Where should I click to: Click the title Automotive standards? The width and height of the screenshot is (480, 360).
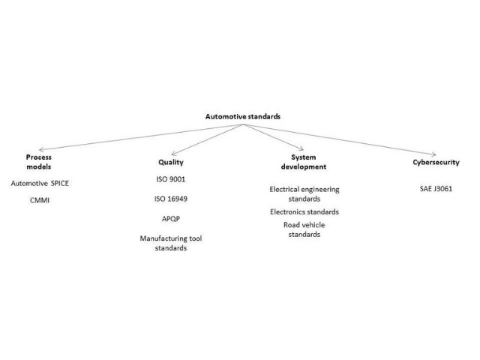243,117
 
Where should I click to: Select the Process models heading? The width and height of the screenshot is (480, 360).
39,162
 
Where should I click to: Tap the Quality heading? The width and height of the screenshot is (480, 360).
171,163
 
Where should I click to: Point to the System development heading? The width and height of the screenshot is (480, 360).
304,162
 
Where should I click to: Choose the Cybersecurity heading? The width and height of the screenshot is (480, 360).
436,163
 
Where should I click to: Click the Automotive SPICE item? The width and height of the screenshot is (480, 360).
40,183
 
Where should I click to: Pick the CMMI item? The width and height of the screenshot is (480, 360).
40,200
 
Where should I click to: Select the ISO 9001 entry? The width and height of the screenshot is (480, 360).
171,179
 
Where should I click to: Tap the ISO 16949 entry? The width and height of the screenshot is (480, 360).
171,199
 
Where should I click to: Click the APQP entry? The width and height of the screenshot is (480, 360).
171,219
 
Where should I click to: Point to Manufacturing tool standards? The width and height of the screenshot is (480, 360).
171,243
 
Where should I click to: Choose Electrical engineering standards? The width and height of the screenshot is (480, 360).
304,194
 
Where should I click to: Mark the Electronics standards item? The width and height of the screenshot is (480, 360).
304,211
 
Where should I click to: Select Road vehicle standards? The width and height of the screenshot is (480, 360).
304,229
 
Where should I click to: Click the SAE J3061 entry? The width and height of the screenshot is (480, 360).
436,188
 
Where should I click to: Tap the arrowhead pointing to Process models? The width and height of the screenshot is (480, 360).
41,150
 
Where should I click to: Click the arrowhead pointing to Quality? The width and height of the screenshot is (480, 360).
173,153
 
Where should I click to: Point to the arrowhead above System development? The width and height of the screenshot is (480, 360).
301,148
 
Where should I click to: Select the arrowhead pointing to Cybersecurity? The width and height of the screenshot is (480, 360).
433,154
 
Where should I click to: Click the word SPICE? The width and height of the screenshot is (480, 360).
60,183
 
